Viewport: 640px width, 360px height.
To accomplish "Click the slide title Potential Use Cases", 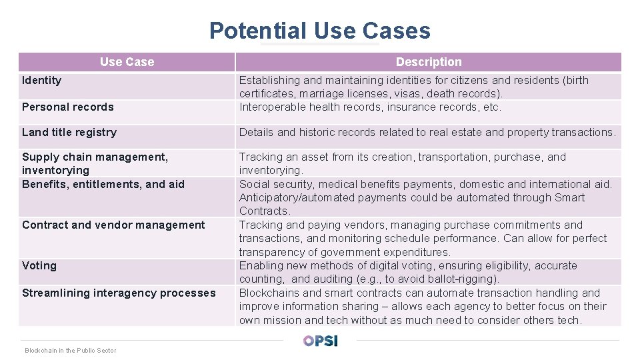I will [x=319, y=31].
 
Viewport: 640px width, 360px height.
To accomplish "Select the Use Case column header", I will [x=127, y=62].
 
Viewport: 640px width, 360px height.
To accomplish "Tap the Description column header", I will [x=428, y=62].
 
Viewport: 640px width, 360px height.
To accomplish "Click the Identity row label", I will [x=41, y=80].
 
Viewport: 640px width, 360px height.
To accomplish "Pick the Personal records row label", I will [x=68, y=107].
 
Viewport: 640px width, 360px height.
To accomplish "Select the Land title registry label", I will [x=69, y=132].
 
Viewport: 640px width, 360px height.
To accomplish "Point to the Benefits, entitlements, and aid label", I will [x=103, y=184].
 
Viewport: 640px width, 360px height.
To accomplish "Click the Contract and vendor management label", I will [x=113, y=225].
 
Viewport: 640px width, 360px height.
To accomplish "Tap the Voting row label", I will [x=39, y=265].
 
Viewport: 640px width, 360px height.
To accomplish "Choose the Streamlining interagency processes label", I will [x=119, y=293].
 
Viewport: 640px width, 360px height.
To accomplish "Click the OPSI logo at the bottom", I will [x=320, y=341].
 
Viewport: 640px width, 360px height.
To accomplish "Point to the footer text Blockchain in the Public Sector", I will [x=70, y=350].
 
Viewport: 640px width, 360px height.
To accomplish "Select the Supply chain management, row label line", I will [x=95, y=157].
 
